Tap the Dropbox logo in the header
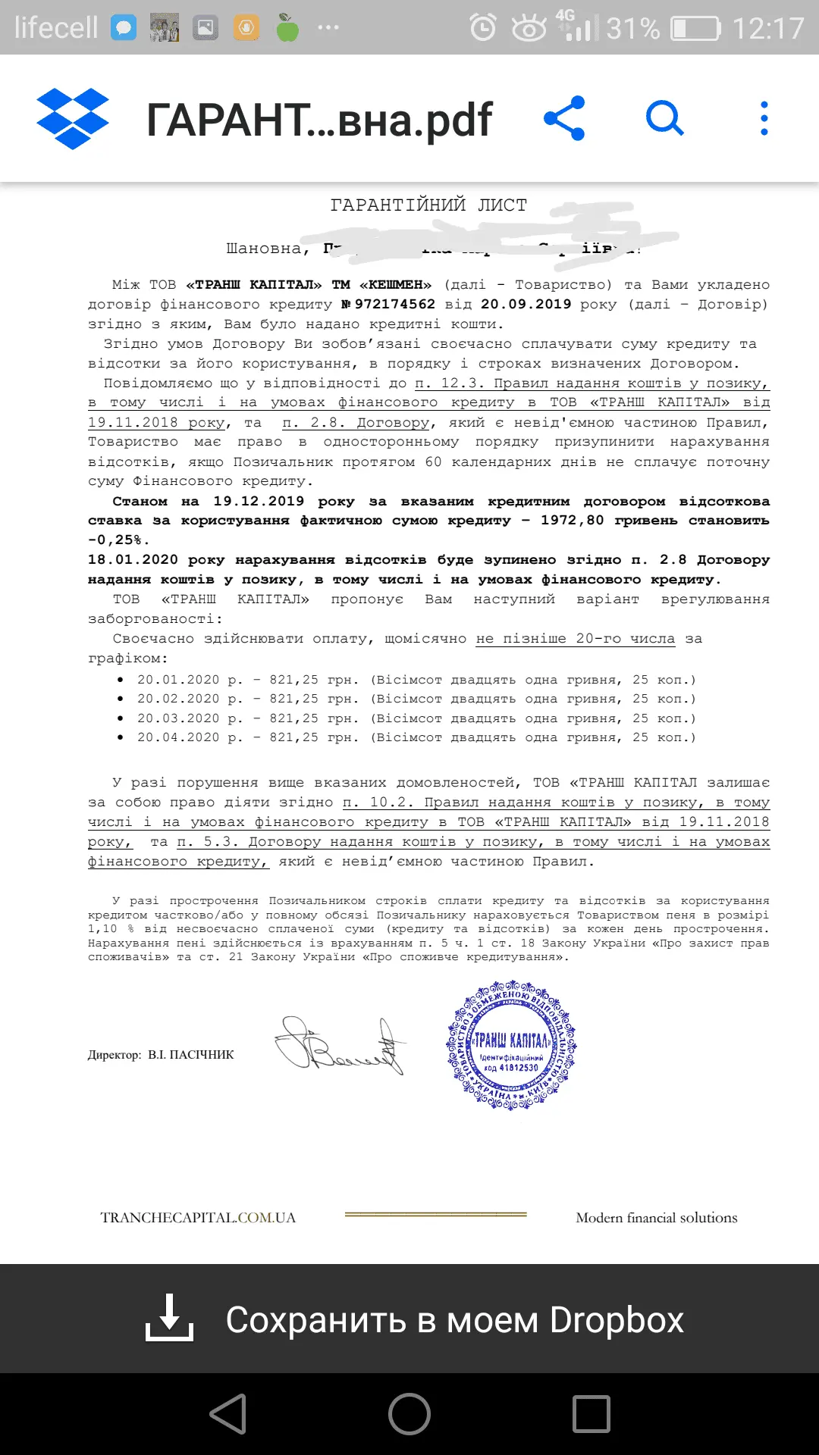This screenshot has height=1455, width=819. [x=73, y=119]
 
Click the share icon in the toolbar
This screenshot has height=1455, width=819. [x=564, y=118]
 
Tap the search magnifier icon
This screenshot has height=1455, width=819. [x=664, y=118]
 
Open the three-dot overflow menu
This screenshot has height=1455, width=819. [x=764, y=118]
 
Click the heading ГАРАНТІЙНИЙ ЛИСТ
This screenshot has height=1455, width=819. [x=428, y=205]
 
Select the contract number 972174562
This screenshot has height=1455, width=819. [x=394, y=304]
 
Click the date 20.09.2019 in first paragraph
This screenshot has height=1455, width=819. [x=526, y=304]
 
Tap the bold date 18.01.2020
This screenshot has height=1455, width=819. [x=133, y=560]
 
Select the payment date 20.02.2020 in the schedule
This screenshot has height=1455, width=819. [x=177, y=699]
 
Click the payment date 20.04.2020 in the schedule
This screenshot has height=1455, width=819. [x=177, y=737]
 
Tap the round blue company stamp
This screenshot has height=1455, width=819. [x=511, y=1045]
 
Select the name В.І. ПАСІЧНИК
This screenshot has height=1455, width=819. [x=190, y=1055]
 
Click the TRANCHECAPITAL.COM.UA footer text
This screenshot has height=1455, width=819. [x=198, y=1218]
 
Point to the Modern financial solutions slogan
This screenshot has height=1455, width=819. [x=656, y=1218]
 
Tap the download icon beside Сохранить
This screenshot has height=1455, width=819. [x=169, y=1319]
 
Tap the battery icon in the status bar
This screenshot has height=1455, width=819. [x=695, y=29]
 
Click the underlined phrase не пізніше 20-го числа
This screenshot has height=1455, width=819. [x=575, y=639]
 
